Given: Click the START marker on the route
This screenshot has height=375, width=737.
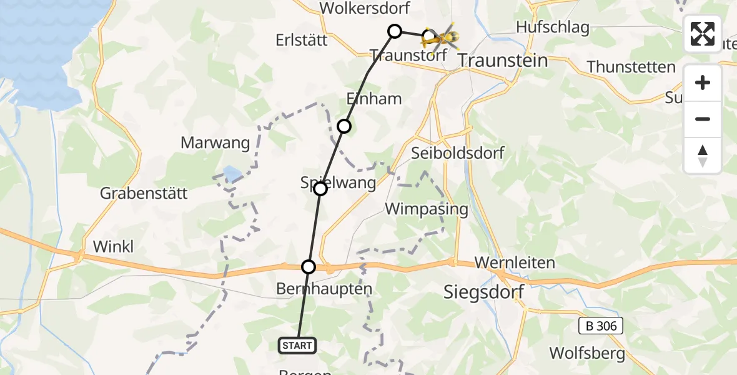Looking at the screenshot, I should click(298, 345).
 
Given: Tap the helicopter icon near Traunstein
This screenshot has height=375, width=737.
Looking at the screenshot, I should click(441, 39).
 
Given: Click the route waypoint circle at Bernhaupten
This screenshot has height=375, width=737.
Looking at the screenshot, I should click(309, 267).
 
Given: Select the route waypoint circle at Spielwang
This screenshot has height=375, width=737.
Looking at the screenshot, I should click(320, 188).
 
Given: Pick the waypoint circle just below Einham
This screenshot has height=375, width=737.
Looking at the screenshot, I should click(344, 126).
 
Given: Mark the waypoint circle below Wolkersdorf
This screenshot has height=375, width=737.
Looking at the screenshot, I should click(394, 31).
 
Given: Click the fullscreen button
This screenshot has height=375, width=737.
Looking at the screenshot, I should click(703, 34).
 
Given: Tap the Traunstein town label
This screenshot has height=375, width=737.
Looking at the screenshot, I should click(503, 61).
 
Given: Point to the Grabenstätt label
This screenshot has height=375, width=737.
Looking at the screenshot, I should click(144, 194).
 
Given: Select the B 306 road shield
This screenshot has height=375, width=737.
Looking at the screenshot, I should click(600, 326).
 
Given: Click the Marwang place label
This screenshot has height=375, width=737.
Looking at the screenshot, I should click(215, 143).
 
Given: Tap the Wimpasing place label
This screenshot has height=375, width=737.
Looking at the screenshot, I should click(427, 209).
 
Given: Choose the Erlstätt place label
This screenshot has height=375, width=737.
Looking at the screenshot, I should click(302, 40).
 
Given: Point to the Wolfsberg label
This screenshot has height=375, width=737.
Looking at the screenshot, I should click(587, 353).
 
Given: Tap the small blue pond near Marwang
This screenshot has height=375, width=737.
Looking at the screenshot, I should click(230, 173).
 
